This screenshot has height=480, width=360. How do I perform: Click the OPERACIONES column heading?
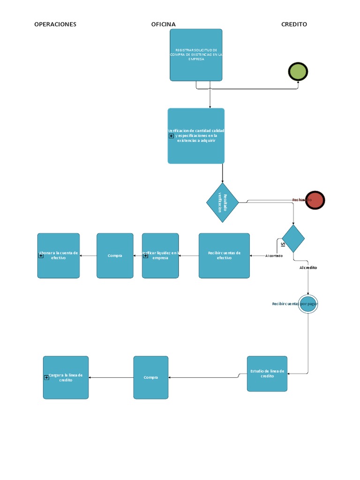point(55,24)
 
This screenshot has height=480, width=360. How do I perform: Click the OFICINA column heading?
point(163,24)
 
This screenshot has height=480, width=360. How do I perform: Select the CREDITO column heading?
point(294,24)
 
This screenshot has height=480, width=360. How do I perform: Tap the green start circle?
point(298,72)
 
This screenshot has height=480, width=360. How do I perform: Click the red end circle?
point(315,200)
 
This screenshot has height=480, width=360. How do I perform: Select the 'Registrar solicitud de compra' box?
point(196,55)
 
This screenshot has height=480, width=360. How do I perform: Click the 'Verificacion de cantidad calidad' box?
point(196,136)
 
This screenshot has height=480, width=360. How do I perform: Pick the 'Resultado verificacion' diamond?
point(223,202)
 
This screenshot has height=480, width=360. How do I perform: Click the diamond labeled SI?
point(293,239)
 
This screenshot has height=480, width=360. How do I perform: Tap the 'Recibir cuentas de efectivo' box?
point(224,255)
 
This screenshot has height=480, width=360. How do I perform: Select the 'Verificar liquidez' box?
point(160,255)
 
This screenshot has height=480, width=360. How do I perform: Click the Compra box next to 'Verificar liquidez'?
point(115,255)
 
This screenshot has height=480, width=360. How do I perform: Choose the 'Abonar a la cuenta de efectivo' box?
point(59,255)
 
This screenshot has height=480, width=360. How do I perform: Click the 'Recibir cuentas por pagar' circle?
point(308,304)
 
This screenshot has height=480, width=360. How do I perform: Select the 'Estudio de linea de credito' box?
point(267,374)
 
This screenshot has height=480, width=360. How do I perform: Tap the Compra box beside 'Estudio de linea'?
point(150,377)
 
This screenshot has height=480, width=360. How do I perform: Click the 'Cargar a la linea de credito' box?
point(66,377)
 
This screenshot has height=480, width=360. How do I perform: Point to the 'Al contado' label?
point(274,256)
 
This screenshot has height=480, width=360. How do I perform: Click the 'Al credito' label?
point(308,268)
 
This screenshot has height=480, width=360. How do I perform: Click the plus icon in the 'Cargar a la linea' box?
point(47,377)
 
